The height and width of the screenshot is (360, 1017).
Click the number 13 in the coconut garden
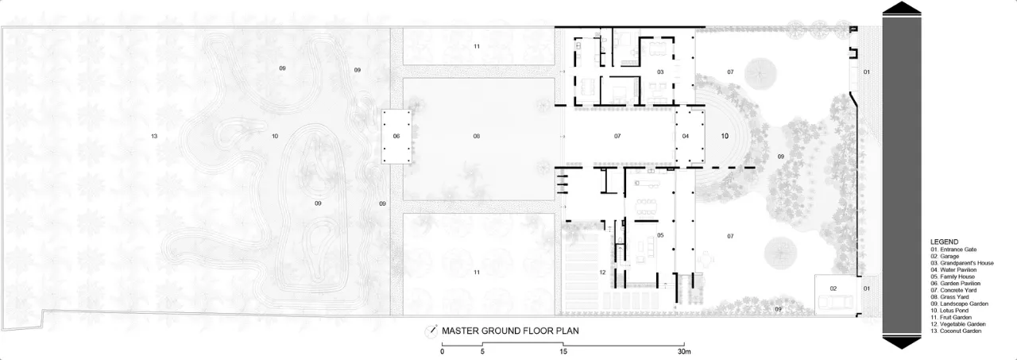[x=154, y=136]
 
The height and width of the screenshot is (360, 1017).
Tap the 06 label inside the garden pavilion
[x=396, y=136]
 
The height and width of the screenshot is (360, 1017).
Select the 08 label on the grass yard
[x=476, y=136]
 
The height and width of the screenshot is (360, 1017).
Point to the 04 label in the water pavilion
[x=686, y=136]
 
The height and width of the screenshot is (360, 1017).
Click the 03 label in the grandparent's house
[x=660, y=72]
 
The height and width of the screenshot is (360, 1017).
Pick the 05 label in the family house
[x=660, y=235]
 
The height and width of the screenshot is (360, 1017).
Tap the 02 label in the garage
[x=833, y=288]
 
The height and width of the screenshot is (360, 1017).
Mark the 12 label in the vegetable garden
[x=602, y=273]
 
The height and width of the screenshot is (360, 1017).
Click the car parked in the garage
[x=835, y=301]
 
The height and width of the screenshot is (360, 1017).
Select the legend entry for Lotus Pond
[x=949, y=311]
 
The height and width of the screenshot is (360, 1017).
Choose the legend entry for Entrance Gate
[x=953, y=250]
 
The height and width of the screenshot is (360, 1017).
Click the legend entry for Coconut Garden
[x=956, y=331]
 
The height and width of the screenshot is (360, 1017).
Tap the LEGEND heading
[x=945, y=242]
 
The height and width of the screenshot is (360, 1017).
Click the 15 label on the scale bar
[x=563, y=351]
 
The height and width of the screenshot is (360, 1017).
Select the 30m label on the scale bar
[x=684, y=351]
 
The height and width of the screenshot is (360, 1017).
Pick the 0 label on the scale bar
[x=443, y=351]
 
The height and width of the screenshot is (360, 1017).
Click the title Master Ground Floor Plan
[x=510, y=331]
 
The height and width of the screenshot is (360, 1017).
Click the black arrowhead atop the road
[x=902, y=7]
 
